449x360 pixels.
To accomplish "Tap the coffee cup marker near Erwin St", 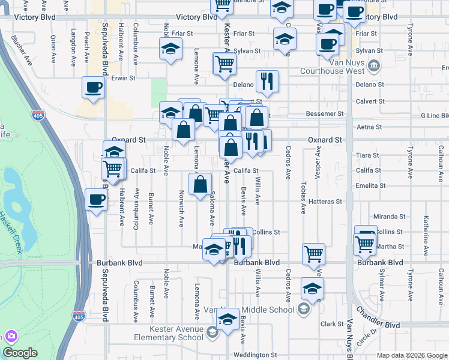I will click(93, 87).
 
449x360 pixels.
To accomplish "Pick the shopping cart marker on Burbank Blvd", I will click(313, 253).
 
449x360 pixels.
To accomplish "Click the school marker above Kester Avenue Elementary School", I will click(228, 319).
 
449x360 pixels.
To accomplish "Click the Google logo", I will click(20, 353).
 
